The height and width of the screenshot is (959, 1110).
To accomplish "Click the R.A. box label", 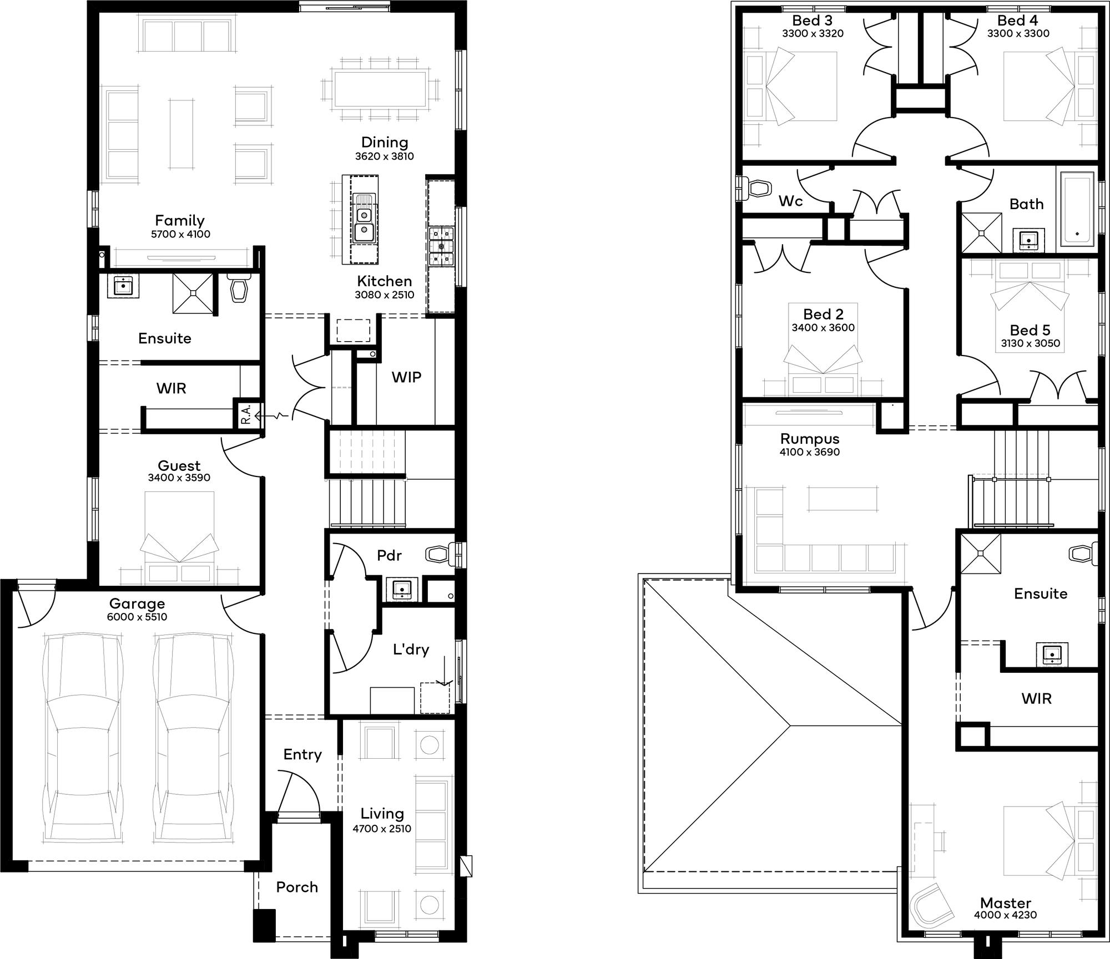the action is (x=246, y=414).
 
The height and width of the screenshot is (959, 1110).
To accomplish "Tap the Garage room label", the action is (x=137, y=603).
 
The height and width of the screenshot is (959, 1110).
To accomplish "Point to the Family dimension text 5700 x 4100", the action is (x=180, y=234).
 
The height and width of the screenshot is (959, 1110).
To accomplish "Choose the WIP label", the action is (x=406, y=377).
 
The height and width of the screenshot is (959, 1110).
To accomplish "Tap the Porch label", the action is (x=297, y=887).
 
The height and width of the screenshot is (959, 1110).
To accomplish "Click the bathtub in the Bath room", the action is (x=1077, y=209).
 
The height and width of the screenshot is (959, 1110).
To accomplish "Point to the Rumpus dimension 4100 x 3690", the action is (x=810, y=452).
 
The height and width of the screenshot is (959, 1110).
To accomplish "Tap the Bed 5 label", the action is (x=1030, y=330).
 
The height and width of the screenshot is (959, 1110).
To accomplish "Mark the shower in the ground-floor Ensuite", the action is (x=193, y=293).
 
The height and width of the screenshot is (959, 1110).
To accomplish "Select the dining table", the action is (x=381, y=89).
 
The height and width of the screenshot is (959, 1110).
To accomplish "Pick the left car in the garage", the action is (x=83, y=740).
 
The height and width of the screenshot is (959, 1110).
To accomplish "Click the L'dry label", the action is (x=411, y=650).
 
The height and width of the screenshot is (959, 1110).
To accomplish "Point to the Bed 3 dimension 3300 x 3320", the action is (x=813, y=33).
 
